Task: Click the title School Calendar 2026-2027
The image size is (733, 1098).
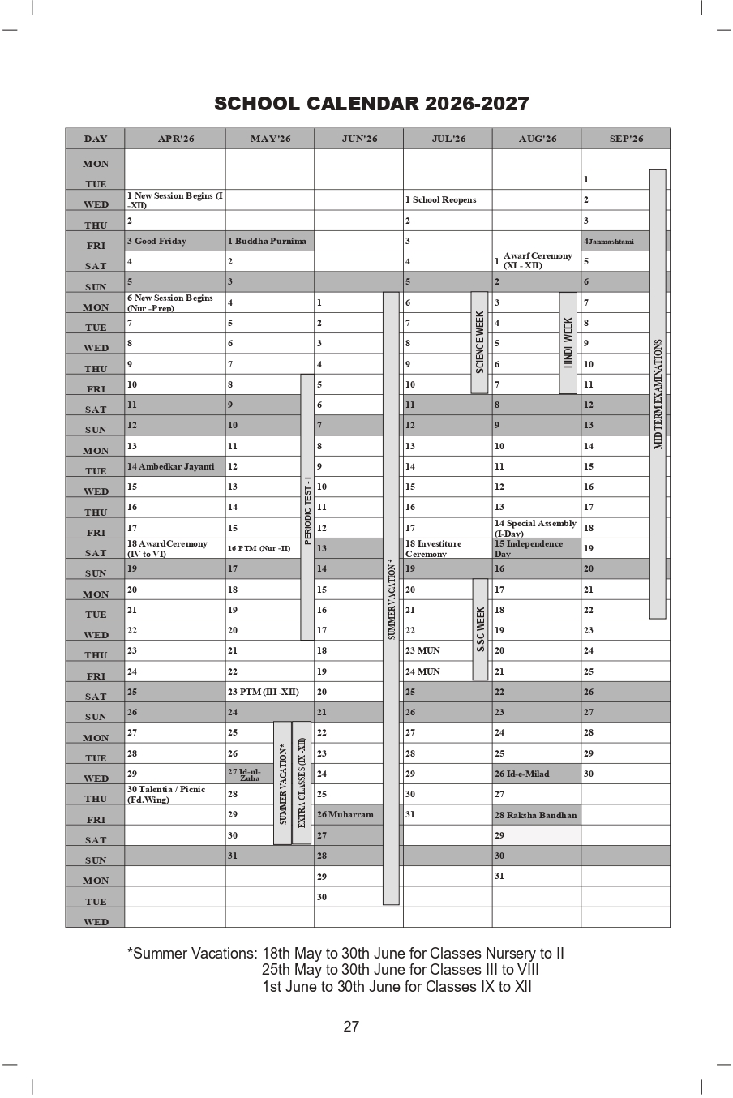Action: tap(371, 104)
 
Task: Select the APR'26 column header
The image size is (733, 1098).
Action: tap(175, 139)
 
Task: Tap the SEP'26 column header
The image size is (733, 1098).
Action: tap(625, 139)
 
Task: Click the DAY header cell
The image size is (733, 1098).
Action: tap(95, 139)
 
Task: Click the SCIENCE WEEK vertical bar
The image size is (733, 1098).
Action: tap(479, 342)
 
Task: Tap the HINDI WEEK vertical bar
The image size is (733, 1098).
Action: tap(568, 342)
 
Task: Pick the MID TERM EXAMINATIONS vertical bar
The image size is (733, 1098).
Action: tap(658, 394)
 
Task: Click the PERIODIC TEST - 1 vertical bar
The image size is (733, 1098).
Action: tap(307, 508)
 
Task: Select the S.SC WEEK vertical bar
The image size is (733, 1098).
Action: tap(480, 629)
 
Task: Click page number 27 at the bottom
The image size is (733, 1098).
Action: tap(350, 1027)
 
